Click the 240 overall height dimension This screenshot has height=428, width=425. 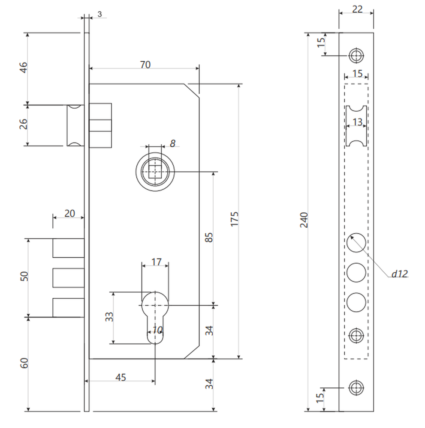(x=304, y=220)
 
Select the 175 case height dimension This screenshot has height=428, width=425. (x=235, y=219)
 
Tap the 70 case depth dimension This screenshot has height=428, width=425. (x=145, y=65)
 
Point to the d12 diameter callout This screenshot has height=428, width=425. (x=400, y=273)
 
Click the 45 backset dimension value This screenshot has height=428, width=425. (x=121, y=377)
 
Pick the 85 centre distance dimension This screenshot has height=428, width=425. (x=209, y=238)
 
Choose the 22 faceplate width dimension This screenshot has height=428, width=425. (x=357, y=9)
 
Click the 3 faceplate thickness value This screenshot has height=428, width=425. (x=99, y=14)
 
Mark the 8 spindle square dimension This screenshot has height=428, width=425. (x=172, y=143)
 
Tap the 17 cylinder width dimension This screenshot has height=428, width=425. (x=156, y=262)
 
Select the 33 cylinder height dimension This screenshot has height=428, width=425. (x=109, y=317)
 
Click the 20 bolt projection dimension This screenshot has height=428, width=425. (x=69, y=213)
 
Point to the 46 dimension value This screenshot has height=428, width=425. (x=24, y=68)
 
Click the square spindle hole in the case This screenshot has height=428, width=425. (x=155, y=172)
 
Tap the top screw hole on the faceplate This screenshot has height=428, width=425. (x=356, y=56)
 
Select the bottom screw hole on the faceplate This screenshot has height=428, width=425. (x=356, y=388)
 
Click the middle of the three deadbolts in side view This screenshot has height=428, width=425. (x=68, y=278)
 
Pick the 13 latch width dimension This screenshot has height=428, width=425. (x=357, y=122)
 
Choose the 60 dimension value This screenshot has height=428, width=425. (x=24, y=363)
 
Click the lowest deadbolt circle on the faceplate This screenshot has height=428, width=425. (x=356, y=302)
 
